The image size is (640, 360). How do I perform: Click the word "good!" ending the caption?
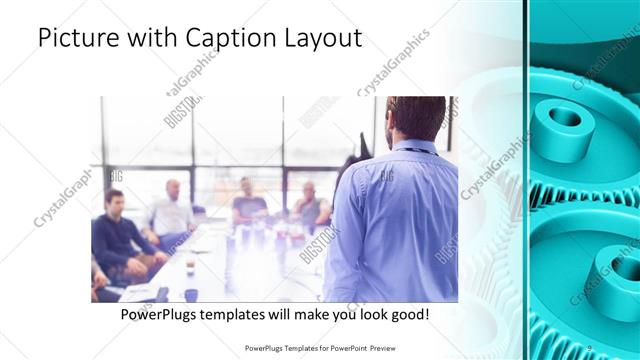[410, 314]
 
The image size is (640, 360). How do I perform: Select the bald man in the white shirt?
[172, 212]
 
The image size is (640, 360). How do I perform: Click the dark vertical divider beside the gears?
[526, 180]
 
